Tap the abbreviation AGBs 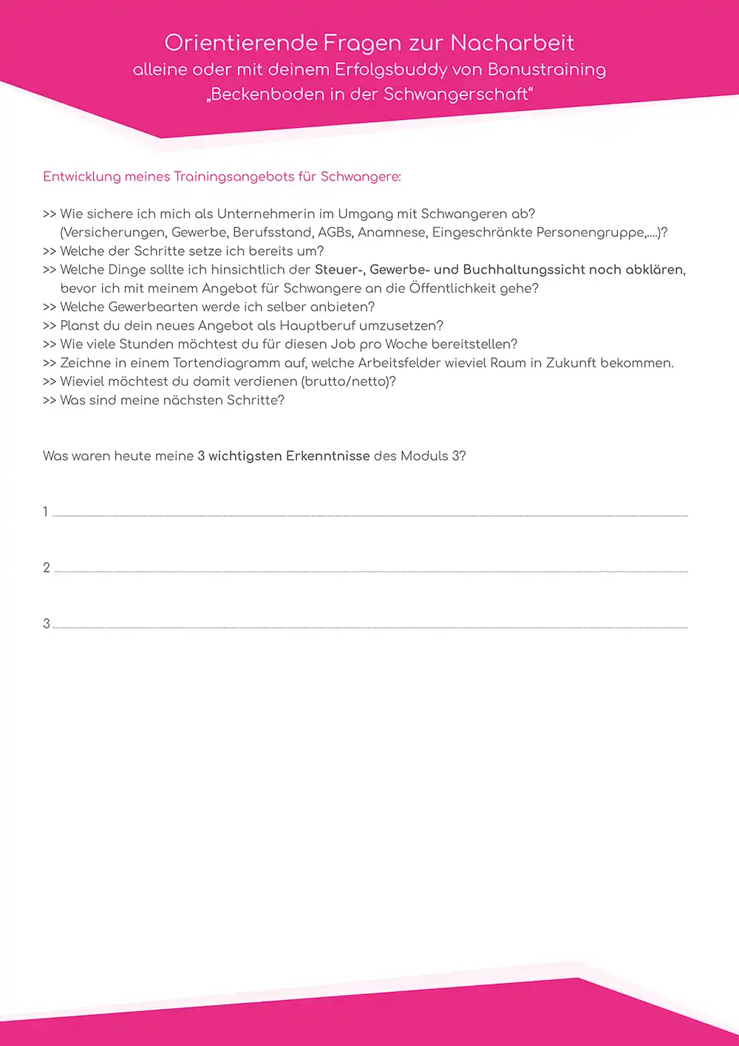(334, 233)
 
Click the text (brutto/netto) (349, 382)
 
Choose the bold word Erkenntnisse (327, 456)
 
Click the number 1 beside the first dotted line (46, 512)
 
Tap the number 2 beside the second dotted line (47, 568)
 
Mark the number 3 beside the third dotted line (47, 624)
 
